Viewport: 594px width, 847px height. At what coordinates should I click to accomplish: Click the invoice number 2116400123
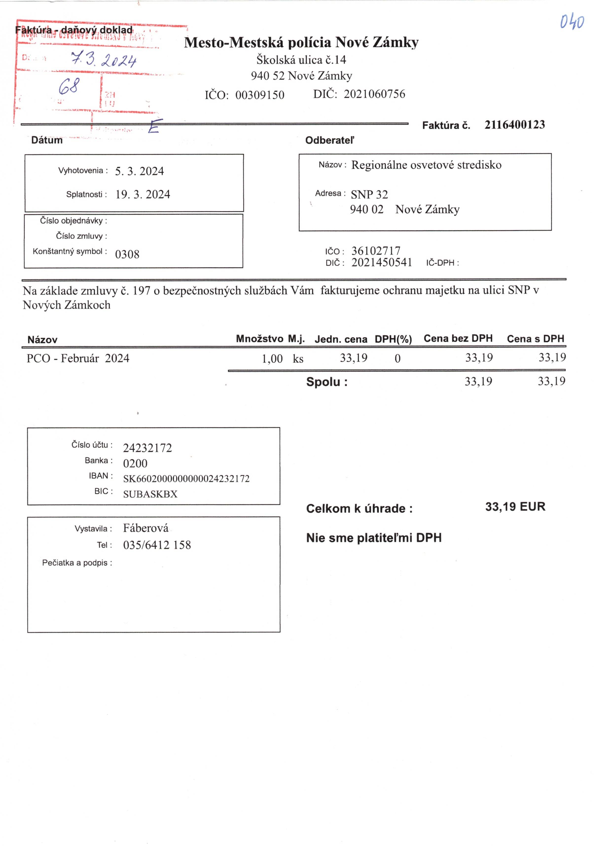click(x=514, y=125)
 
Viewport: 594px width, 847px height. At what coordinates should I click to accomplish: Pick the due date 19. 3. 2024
click(x=143, y=194)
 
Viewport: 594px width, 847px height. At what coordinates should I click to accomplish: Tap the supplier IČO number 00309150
click(x=260, y=95)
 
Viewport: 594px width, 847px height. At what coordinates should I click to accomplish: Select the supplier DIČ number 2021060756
click(x=374, y=94)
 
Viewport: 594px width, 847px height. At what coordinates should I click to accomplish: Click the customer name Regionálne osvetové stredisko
click(x=426, y=165)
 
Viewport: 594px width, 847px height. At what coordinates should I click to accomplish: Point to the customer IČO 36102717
click(x=376, y=251)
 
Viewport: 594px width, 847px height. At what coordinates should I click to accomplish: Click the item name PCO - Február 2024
click(x=78, y=358)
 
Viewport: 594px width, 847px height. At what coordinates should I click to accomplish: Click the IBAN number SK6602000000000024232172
click(x=186, y=479)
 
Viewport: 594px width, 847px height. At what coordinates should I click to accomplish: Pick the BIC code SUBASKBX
click(x=150, y=494)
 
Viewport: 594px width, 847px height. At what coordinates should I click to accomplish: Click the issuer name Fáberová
click(x=145, y=528)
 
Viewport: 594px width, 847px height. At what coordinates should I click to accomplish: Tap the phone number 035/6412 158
click(x=157, y=545)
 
